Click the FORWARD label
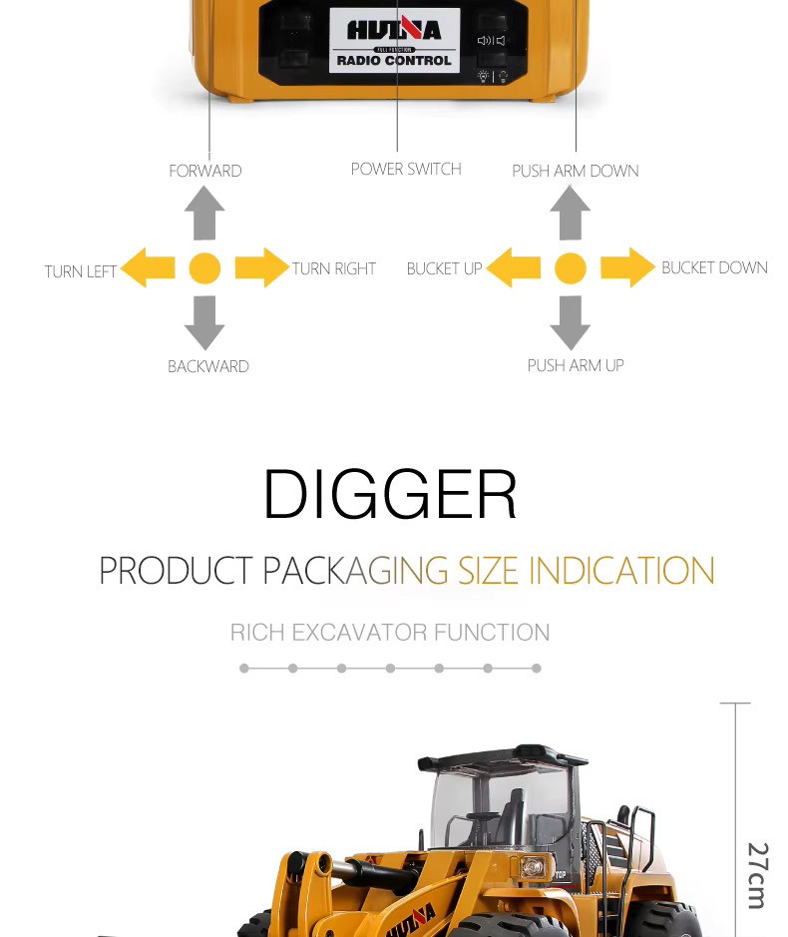tap(205, 171)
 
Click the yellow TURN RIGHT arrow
tap(262, 267)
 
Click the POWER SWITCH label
tap(406, 169)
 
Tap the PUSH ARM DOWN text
tap(576, 171)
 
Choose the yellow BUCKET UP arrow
tap(514, 267)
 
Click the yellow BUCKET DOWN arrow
tap(627, 267)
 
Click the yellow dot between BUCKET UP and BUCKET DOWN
tap(571, 267)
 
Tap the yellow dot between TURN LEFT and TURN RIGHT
tap(204, 267)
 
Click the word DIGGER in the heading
tap(390, 494)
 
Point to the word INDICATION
tap(621, 571)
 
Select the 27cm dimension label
tap(757, 875)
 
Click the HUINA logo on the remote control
tap(394, 29)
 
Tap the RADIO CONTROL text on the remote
tap(394, 61)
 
